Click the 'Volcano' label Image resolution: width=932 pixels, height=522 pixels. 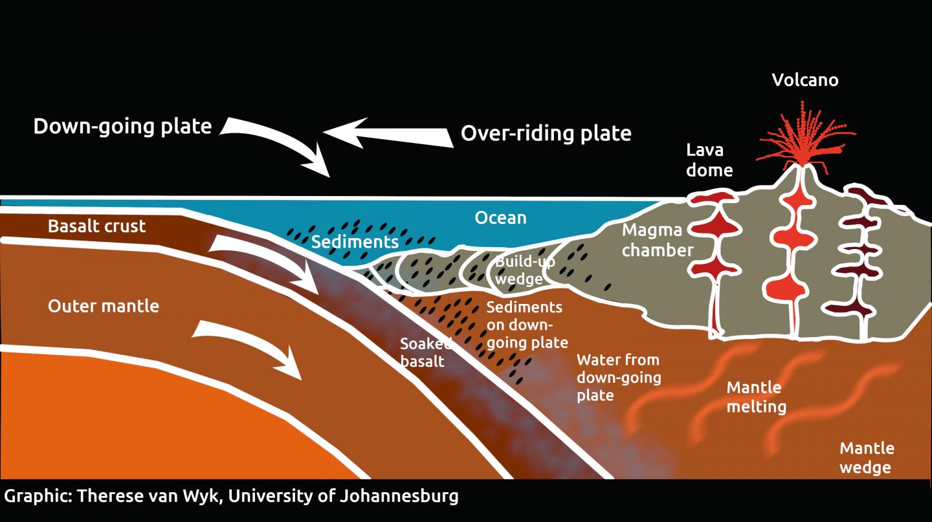tap(804, 80)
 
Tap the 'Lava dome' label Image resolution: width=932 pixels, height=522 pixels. tap(709, 160)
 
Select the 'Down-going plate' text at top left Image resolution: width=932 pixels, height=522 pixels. tap(122, 125)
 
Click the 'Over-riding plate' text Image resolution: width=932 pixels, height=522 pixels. tap(546, 133)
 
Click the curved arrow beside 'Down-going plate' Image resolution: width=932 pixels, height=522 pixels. tap(285, 146)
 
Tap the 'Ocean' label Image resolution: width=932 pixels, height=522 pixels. tap(500, 217)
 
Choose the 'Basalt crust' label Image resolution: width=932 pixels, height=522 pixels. tap(97, 226)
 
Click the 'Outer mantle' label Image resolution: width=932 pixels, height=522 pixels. tap(104, 305)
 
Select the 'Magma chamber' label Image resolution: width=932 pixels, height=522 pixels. tap(657, 240)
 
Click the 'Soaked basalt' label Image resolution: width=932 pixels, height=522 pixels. tap(424, 353)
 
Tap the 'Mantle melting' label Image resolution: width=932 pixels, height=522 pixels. tap(756, 397)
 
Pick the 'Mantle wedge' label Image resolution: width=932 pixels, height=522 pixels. tap(866, 457)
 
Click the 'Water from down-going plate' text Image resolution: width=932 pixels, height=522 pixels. tap(618, 377)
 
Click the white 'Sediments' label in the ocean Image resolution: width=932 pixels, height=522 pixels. tap(354, 242)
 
